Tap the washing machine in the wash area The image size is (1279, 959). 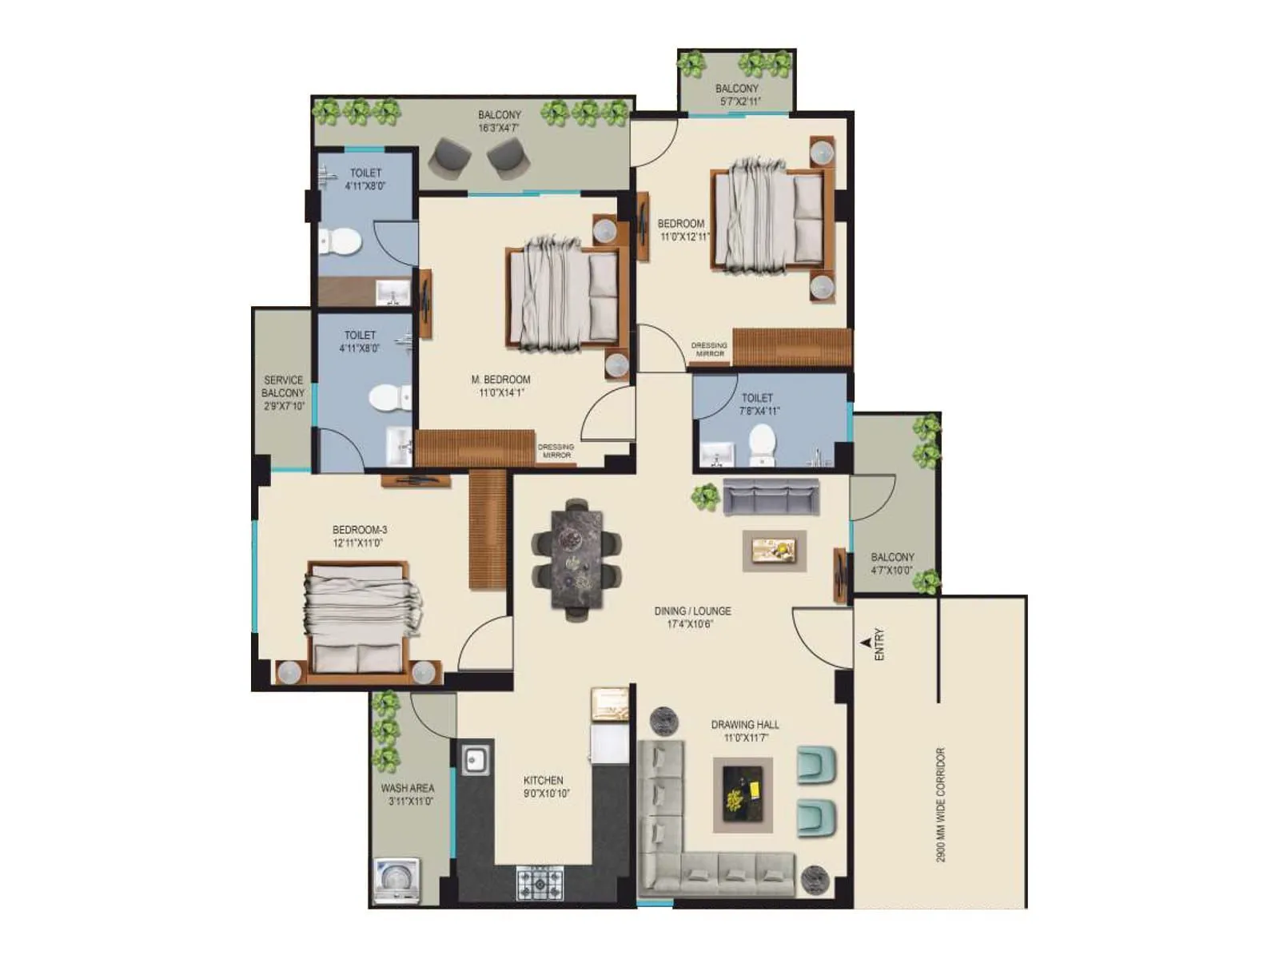coord(397,881)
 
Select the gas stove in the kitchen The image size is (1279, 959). coord(539,882)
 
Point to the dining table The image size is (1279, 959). coord(576,559)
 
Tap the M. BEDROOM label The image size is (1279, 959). coord(500,380)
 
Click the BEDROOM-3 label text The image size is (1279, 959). coord(360,530)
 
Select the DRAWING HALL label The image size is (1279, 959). coord(745,725)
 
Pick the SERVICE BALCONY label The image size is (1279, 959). coord(283,387)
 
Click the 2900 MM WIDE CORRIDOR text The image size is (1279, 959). coord(941,804)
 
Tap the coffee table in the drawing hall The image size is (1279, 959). coord(743,795)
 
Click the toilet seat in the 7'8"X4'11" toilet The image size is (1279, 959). coord(762,443)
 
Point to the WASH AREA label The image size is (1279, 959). coord(408,788)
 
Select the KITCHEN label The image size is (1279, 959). coord(544,780)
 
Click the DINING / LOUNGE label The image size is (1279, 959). coord(692,611)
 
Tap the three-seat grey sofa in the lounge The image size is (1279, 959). coord(771,496)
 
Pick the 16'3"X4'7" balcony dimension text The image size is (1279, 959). coord(499,128)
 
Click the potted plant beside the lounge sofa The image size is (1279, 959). coord(705,497)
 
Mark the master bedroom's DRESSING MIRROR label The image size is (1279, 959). coord(556,451)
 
